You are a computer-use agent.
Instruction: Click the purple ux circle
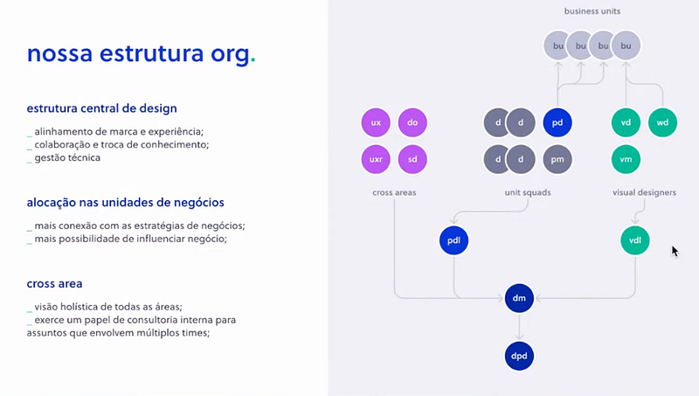click(x=376, y=123)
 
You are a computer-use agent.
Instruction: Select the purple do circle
click(x=412, y=123)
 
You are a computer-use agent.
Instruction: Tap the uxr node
click(x=376, y=160)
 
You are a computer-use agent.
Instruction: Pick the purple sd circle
click(x=412, y=160)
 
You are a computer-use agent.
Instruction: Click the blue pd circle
click(x=557, y=123)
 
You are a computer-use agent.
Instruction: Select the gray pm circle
click(x=557, y=160)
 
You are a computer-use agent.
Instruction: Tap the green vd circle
click(x=626, y=123)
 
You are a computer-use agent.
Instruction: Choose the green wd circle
click(x=662, y=123)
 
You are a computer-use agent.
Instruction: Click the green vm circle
click(x=626, y=160)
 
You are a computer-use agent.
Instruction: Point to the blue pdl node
click(x=454, y=240)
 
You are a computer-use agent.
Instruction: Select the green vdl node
click(x=635, y=240)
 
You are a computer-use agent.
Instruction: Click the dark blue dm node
click(x=519, y=299)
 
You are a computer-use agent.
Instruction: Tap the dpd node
click(x=519, y=356)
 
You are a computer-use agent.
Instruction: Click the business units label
click(x=592, y=11)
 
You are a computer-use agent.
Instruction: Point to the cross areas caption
click(x=394, y=192)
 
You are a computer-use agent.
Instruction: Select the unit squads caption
click(x=528, y=192)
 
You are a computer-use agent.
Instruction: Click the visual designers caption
click(x=644, y=192)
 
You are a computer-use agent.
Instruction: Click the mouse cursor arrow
click(x=674, y=250)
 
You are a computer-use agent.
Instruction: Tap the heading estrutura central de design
click(x=102, y=109)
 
